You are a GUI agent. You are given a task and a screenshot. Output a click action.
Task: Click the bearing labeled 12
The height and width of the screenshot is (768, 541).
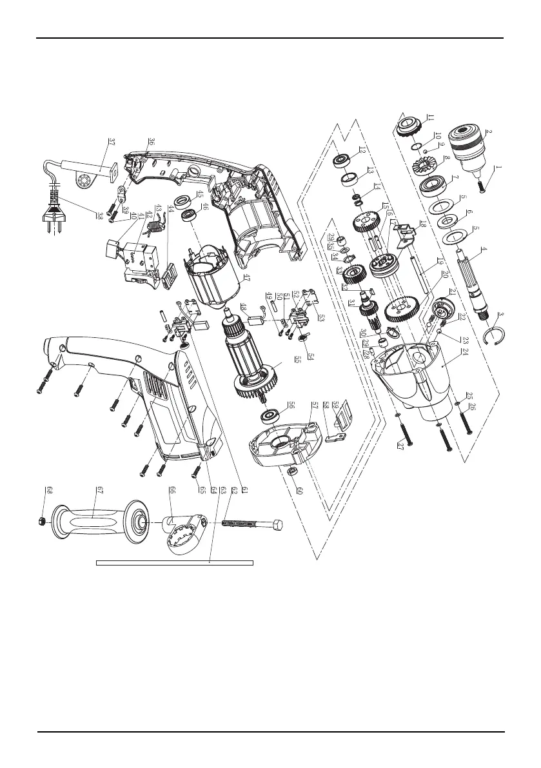click(x=342, y=160)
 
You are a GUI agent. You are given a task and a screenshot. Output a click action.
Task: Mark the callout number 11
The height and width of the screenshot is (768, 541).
click(x=428, y=118)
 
